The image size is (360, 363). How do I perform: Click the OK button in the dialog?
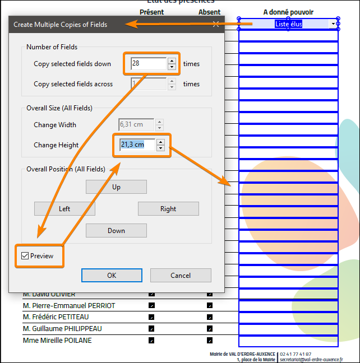pos(112,275)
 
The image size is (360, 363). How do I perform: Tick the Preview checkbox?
pos(25,256)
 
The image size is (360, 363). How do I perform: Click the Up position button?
pos(116,187)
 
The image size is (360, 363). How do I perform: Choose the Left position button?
pos(64,209)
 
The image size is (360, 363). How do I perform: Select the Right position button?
pos(168,209)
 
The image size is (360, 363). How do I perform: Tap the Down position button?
pos(116,231)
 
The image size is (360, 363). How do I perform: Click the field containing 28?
pos(148,64)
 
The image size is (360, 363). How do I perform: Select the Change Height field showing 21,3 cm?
pos(137,145)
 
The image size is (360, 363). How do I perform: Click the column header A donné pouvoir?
pos(288,12)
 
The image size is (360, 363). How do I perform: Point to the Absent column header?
pos(209,12)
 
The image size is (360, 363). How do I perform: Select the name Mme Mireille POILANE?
pos(57,341)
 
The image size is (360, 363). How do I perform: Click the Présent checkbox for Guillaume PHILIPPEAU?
pos(151,329)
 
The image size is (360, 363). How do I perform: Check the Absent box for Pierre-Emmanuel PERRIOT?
pos(210,306)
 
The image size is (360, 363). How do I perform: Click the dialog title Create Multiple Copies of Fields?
pos(60,25)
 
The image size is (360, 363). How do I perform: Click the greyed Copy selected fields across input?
pos(148,84)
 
